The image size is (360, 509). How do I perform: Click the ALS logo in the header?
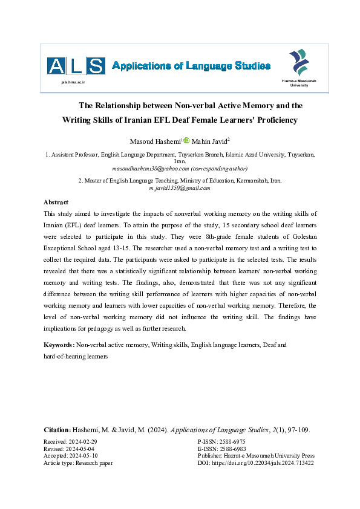pos(76,65)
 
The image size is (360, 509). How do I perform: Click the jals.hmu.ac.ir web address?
pos(73,80)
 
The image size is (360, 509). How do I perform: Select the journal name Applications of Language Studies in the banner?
pos(191,66)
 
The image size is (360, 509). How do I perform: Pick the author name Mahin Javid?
pos(210,141)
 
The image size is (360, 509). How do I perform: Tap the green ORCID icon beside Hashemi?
pos(186,141)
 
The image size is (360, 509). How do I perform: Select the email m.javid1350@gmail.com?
pos(179,188)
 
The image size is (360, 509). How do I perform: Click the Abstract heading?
pos(56,203)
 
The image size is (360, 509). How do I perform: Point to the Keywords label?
pos(59,345)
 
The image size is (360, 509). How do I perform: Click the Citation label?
pos(57,430)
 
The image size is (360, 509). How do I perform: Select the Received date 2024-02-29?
pos(89,443)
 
